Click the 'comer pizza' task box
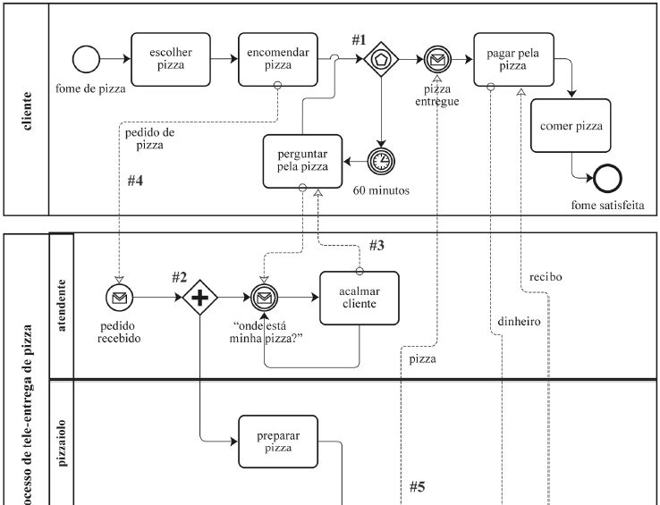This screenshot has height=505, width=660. tap(569, 125)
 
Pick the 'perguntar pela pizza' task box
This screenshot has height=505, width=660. tap(301, 161)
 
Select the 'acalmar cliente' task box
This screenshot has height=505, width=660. tap(358, 299)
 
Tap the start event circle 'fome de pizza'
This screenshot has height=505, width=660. tap(85, 60)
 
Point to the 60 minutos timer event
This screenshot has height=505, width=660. tap(381, 161)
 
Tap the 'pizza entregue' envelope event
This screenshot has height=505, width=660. tap(438, 60)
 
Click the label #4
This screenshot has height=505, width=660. tap(135, 181)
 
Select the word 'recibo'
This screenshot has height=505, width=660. tap(545, 276)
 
